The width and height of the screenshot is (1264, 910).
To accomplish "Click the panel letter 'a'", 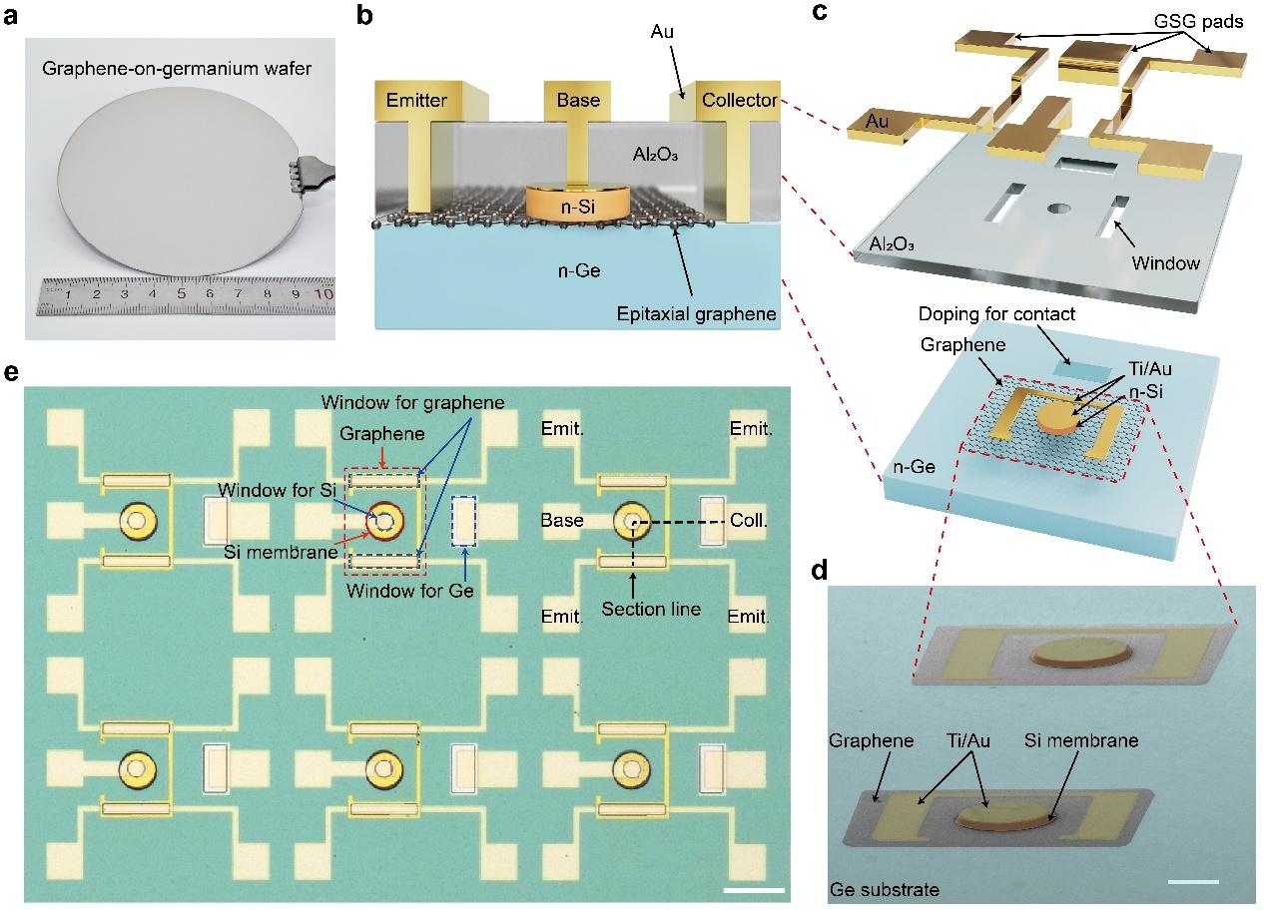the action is (11, 16).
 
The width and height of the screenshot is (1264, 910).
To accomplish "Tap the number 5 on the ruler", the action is (181, 293).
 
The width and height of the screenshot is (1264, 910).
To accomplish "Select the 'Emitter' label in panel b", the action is (416, 101).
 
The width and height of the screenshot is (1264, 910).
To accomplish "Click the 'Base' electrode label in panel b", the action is (578, 101).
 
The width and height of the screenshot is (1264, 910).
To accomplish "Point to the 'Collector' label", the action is (739, 101).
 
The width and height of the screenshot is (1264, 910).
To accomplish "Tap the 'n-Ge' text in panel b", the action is (579, 271).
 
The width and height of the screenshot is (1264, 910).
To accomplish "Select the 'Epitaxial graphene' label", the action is (696, 314).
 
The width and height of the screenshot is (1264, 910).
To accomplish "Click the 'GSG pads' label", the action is (1198, 21).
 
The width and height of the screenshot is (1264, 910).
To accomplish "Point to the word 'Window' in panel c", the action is (1166, 262).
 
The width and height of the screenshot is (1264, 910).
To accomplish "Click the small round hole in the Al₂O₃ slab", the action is (1059, 209).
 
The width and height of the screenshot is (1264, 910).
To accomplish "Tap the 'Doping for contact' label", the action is (996, 313).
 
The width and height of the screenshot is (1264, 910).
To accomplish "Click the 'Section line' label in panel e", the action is (651, 609).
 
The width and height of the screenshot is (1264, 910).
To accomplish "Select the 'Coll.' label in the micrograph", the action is (749, 520).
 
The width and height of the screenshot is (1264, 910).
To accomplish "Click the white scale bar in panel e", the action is (754, 890).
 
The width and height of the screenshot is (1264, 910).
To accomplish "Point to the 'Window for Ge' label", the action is (409, 591).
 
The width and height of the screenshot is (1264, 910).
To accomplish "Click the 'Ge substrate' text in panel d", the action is (885, 890).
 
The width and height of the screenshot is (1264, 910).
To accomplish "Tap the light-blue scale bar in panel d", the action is (1193, 882).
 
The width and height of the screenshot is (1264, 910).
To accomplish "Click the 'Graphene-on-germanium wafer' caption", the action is (177, 69).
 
